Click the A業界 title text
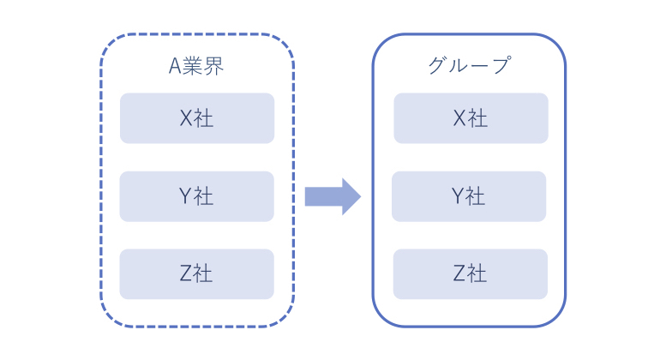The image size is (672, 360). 196,67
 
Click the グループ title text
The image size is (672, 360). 469,66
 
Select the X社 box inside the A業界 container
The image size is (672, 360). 196,118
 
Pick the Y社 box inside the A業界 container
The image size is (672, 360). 196,196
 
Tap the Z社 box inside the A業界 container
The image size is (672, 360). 196,274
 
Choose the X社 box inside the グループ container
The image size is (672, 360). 471,118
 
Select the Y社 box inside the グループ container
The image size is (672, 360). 469,196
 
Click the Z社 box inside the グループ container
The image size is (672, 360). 470,274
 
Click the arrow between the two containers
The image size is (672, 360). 333,196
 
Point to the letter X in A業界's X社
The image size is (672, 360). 186,118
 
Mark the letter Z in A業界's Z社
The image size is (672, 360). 186,274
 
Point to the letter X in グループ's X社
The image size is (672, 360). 459,118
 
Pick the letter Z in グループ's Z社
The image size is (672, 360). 459,274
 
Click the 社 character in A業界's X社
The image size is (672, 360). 204,118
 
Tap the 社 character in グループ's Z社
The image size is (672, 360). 477,274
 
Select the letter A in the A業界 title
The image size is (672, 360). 174,67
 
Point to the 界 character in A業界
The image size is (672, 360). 215,67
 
